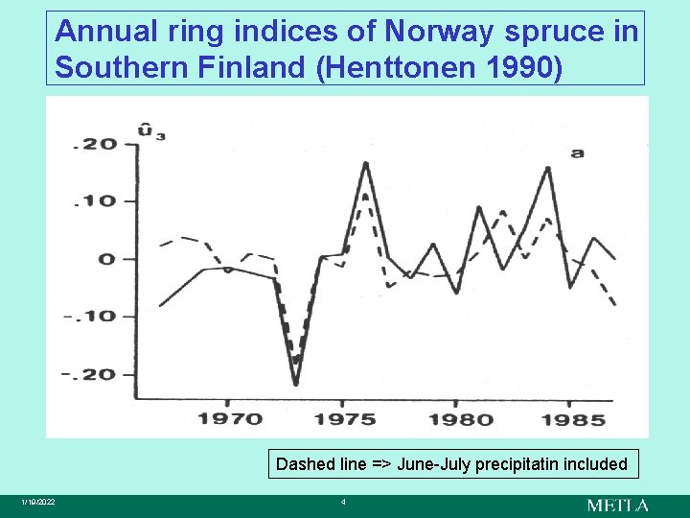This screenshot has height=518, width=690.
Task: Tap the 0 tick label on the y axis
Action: coord(106,259)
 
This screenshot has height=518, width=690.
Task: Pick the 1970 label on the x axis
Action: coord(230,418)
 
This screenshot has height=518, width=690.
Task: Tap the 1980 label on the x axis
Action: coord(461,418)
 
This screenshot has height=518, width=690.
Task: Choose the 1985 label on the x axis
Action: coord(572,418)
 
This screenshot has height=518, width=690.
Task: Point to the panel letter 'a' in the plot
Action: coord(577,152)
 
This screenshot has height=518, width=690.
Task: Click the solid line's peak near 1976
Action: coord(366,163)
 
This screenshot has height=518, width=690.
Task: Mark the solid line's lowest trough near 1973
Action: coord(296,385)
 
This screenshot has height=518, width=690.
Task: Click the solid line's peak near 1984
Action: coord(548,168)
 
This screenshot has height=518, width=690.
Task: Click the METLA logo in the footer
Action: coord(617,505)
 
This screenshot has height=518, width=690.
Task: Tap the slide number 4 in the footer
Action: coord(343,503)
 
